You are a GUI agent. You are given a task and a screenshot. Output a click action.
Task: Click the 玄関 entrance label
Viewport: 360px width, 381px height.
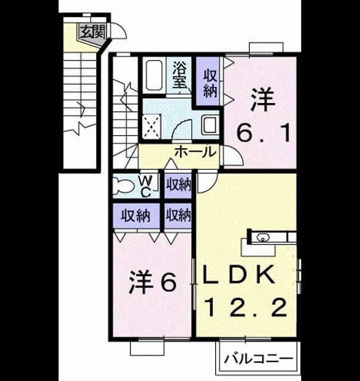point(92,32)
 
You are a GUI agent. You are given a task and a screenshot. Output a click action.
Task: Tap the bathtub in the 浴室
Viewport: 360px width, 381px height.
point(154,76)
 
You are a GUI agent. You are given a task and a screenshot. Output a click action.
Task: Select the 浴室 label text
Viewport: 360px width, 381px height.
point(180,75)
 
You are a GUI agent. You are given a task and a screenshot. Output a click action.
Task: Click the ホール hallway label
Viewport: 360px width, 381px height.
point(196,152)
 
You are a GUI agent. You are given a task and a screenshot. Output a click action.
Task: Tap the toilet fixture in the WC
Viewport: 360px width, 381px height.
point(125,186)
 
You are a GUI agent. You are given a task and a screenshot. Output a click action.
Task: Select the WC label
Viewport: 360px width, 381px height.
point(146,186)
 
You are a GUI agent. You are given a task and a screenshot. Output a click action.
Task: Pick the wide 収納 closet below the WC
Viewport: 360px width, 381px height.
point(136,216)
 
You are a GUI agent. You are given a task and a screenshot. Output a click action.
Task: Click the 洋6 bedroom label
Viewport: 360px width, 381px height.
point(153,282)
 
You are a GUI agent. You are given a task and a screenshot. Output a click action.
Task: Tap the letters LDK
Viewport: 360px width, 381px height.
point(239,274)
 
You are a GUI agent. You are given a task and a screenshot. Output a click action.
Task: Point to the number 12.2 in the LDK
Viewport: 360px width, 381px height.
point(246,308)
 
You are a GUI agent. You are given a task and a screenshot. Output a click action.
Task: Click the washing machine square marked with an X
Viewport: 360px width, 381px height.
point(151,127)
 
